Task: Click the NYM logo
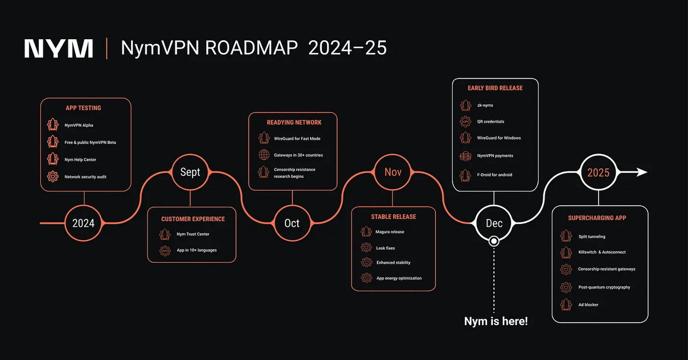[59, 48]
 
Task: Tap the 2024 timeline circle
[83, 222]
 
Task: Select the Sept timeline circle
[190, 172]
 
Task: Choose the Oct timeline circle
[292, 222]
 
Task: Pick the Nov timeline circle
[393, 172]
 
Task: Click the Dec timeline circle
[494, 222]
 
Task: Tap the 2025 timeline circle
[598, 172]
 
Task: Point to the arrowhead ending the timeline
[642, 172]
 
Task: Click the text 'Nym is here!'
[496, 321]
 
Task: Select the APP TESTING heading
[83, 108]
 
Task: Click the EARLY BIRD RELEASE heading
[495, 88]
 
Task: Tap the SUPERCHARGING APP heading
[597, 218]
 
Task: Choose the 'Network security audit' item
[85, 177]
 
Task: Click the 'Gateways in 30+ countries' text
[298, 155]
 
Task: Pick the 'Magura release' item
[390, 232]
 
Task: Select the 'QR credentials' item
[491, 122]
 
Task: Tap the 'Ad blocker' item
[588, 305]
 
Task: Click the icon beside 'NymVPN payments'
[465, 156]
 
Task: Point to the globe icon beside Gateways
[264, 155]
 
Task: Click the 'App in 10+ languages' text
[197, 250]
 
